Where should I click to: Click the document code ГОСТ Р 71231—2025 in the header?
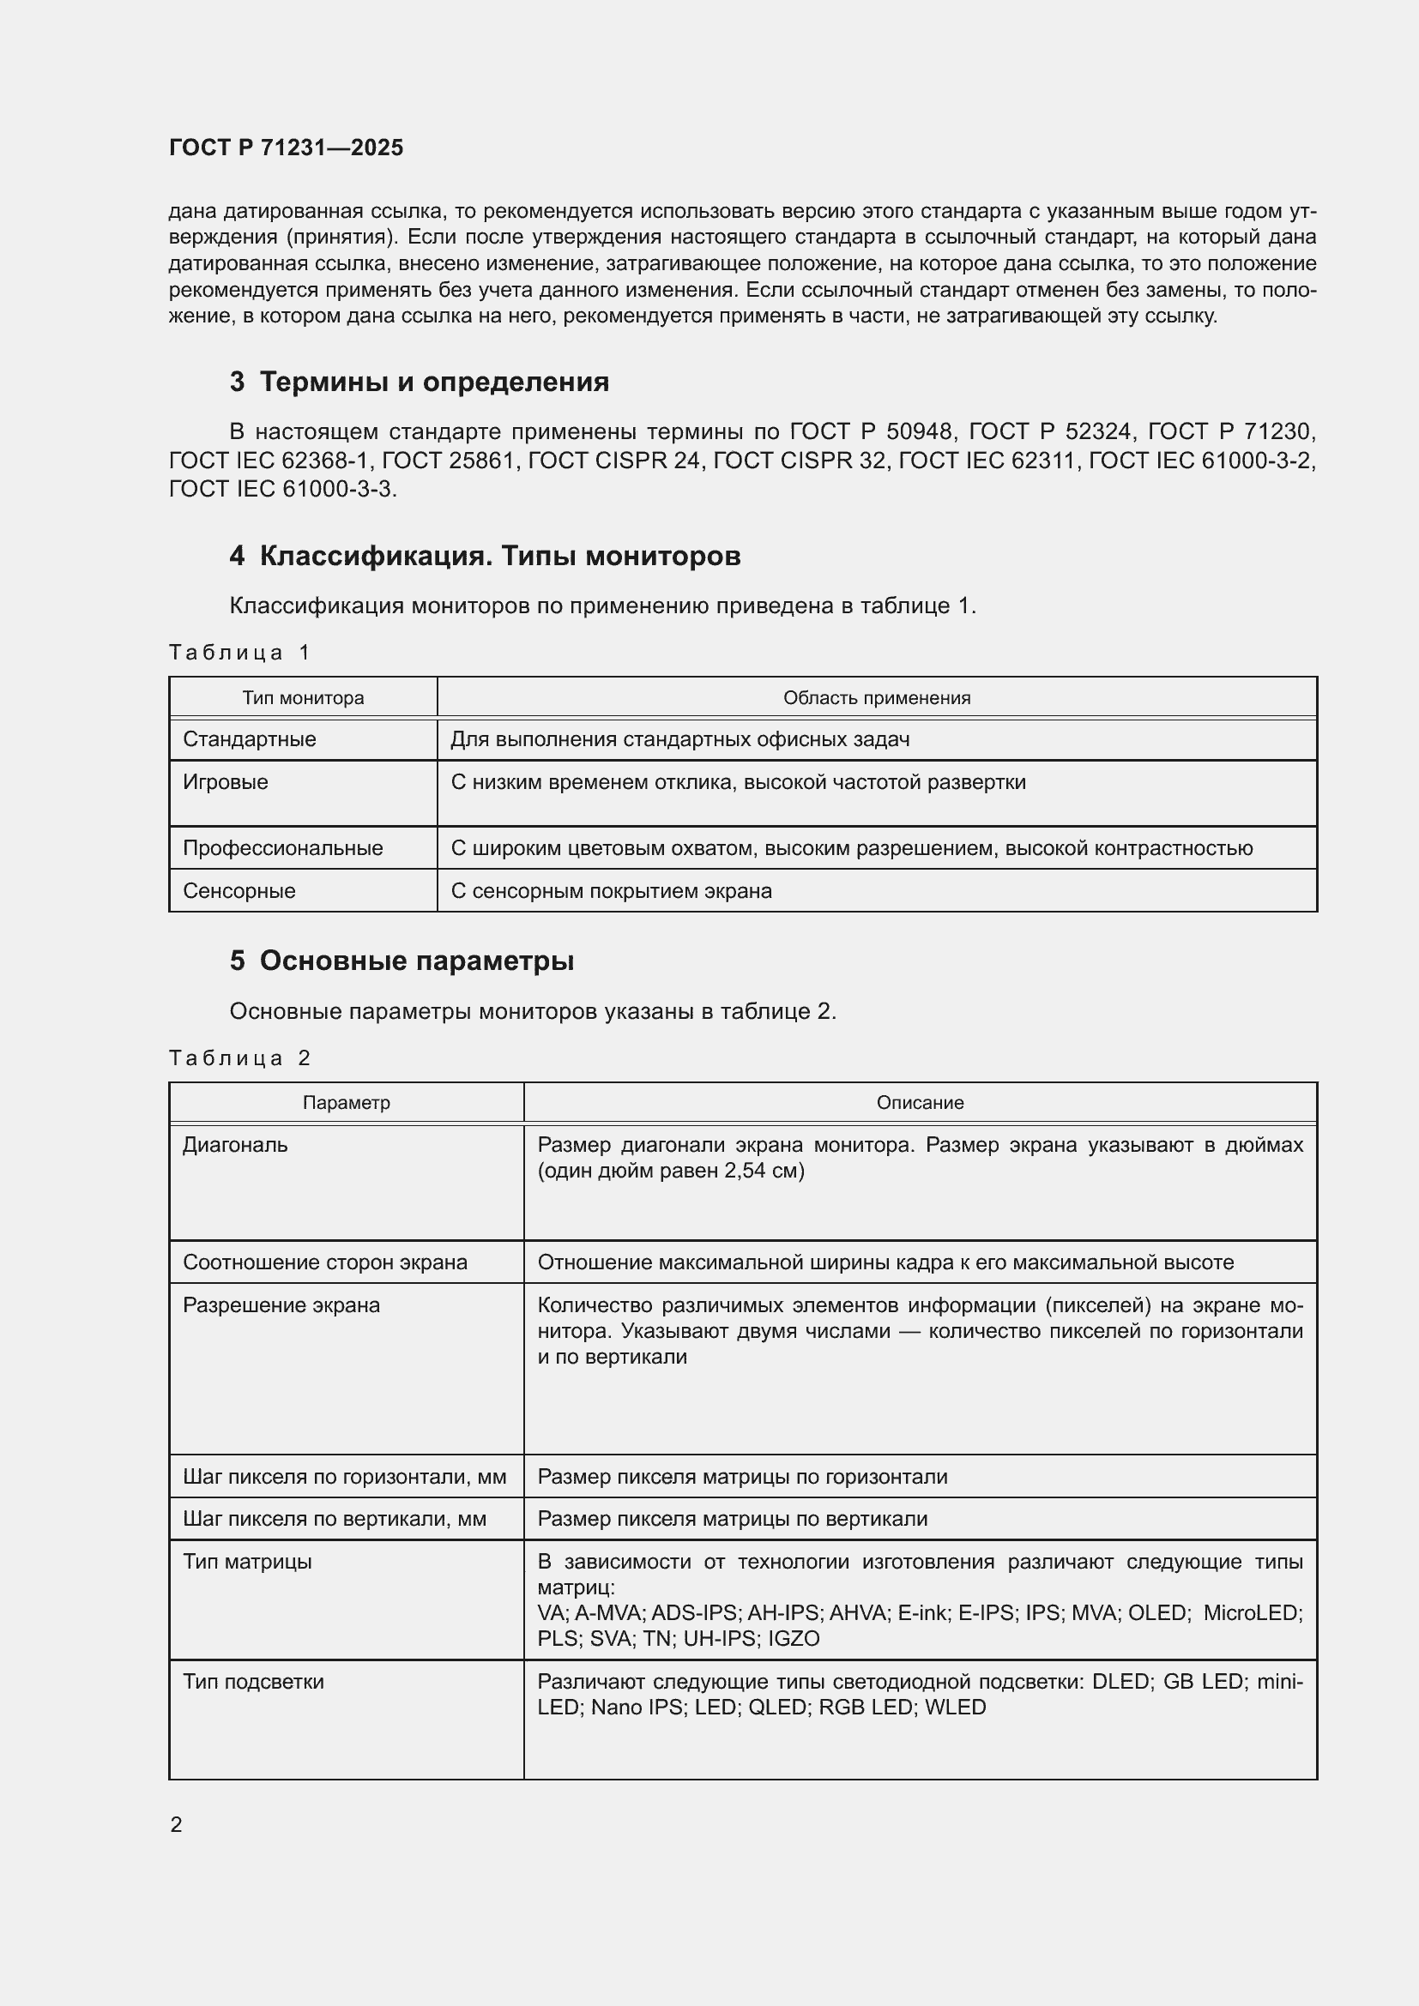[x=286, y=148]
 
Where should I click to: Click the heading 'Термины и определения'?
[x=433, y=382]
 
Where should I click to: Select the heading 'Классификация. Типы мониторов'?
[x=500, y=556]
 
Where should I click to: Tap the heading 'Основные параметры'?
[x=416, y=961]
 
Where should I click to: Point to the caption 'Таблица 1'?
[x=239, y=653]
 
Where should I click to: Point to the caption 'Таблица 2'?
[x=239, y=1058]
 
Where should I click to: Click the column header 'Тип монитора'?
[x=302, y=698]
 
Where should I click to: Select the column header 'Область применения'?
[x=877, y=698]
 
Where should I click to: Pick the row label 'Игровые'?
[x=226, y=782]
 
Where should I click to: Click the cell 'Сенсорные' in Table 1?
[x=239, y=891]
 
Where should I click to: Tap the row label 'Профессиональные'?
[x=282, y=848]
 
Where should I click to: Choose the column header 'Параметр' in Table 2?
[x=346, y=1103]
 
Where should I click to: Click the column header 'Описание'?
[x=919, y=1103]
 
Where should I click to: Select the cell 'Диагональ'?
[x=234, y=1146]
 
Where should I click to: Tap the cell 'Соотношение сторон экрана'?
[x=324, y=1262]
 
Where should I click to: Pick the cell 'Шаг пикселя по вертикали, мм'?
[x=334, y=1520]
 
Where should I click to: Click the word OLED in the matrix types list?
[x=1157, y=1613]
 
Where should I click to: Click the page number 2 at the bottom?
[x=177, y=1825]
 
